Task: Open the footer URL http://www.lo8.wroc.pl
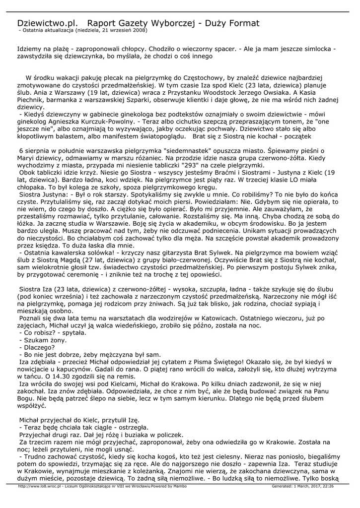(x=39, y=486)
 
